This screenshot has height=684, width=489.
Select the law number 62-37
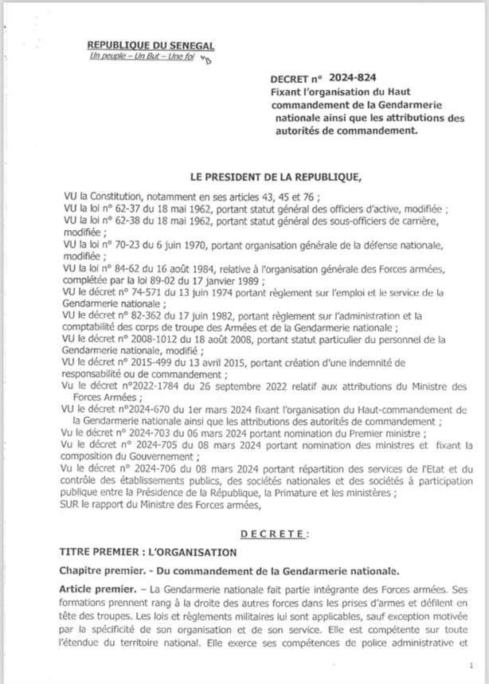125,209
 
